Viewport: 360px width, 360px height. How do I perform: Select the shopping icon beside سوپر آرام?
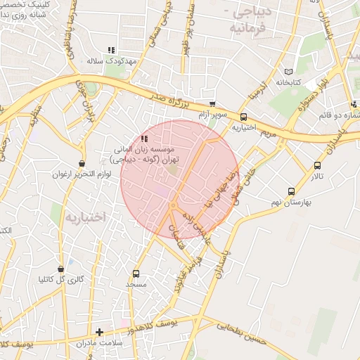pos(212,104)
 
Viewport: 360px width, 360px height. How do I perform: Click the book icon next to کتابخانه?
pos(287,72)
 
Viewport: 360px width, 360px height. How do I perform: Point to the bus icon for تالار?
pos(317,166)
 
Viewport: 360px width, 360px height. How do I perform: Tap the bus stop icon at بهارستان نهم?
pos(291,191)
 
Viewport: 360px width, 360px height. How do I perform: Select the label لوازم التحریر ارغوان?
pos(83,174)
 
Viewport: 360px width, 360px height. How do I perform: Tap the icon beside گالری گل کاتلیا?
pos(61,268)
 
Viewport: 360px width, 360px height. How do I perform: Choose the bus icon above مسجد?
pos(136,274)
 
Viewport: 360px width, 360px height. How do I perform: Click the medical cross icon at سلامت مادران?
pos(99,332)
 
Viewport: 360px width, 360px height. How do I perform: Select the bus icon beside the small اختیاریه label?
pos(243,117)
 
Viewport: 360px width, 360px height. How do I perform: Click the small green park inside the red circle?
pos(173,169)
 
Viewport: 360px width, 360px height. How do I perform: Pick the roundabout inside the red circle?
pos(172,205)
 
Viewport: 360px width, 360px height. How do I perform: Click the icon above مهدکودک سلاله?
pos(110,50)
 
